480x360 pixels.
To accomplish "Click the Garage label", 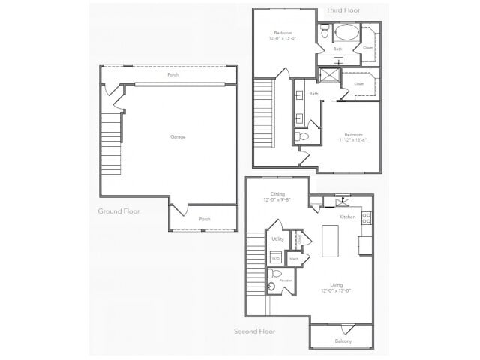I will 178,136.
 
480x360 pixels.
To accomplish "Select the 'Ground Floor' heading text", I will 118,211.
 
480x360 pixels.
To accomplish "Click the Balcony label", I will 343,342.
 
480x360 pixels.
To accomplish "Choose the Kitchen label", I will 347,217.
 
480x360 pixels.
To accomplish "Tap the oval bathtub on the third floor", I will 346,32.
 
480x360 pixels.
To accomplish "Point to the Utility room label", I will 278,238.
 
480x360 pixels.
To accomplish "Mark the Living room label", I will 337,285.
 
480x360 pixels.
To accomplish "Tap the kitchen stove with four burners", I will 366,218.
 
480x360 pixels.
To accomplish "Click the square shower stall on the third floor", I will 328,75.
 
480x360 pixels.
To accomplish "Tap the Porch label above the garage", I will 172,75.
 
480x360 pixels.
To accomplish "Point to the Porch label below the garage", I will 204,219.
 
